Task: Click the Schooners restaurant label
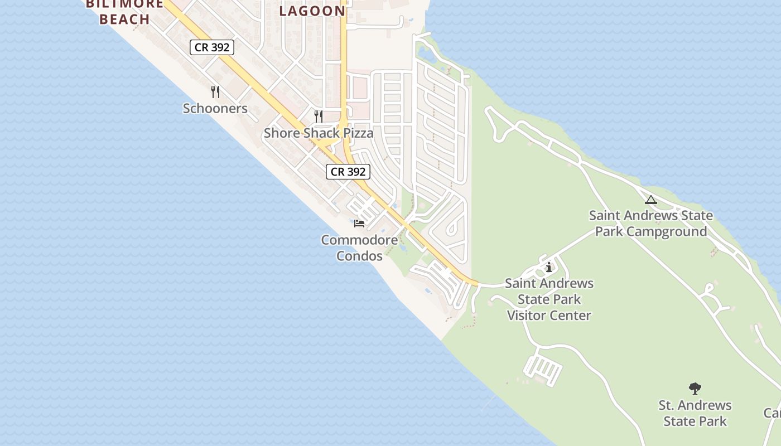pos(215,108)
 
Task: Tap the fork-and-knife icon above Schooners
pos(215,91)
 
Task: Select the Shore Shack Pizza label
pos(318,133)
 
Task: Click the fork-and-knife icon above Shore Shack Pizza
pos(318,116)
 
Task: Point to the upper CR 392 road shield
pos(211,47)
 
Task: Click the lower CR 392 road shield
pos(348,172)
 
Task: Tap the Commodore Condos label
pos(359,248)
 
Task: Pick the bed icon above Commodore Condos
pos(359,223)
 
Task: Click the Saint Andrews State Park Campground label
pos(650,223)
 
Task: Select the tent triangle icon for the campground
pos(650,200)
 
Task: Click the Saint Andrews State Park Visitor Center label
pos(549,299)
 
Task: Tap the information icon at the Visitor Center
pos(549,268)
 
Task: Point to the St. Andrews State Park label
pos(695,413)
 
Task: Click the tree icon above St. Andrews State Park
pos(695,388)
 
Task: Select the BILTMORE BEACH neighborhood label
pos(125,12)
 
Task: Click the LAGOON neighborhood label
pos(312,11)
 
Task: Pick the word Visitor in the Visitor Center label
pos(529,316)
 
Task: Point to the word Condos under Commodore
pos(359,256)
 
